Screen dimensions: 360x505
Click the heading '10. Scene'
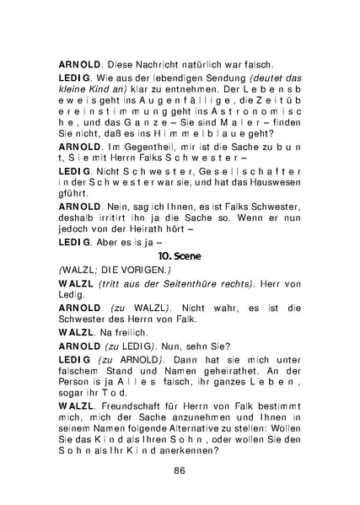[x=180, y=253]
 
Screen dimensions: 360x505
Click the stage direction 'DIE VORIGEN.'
[x=133, y=269]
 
